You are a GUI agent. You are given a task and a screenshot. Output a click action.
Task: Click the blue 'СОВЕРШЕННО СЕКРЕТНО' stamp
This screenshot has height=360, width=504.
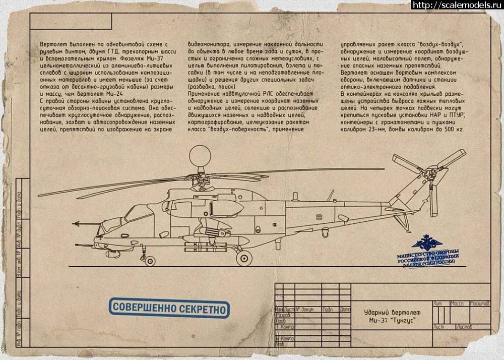click(169, 308)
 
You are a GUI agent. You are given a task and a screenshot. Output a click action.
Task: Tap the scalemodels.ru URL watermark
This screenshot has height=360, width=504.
click(457, 5)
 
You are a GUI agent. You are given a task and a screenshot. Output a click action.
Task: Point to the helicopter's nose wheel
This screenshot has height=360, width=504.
click(149, 261)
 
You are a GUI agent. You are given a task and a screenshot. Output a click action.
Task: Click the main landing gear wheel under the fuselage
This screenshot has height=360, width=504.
click(243, 258)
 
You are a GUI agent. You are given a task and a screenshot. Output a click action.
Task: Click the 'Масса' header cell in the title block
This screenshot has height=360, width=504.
click(457, 304)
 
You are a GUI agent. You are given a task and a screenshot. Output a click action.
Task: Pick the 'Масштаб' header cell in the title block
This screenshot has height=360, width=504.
click(479, 304)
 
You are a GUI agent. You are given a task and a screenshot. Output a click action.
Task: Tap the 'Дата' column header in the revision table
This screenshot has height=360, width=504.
click(345, 309)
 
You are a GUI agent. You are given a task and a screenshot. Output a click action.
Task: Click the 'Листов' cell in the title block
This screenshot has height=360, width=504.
click(464, 327)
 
